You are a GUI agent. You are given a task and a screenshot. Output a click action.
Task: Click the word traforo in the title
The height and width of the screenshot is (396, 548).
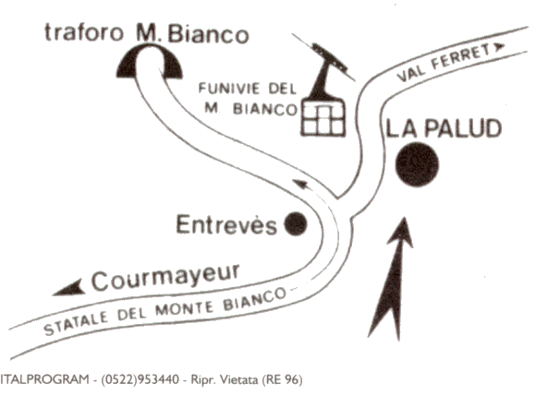coord(84,32)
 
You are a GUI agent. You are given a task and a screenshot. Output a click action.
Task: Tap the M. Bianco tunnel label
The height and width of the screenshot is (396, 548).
coord(192,34)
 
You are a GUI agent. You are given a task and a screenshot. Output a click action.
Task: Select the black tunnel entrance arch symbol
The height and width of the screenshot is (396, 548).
coord(149,62)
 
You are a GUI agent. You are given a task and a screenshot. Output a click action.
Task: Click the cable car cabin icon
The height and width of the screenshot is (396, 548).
coord(323,117)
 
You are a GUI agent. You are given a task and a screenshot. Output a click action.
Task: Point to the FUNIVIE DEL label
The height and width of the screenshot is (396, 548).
coord(248,89)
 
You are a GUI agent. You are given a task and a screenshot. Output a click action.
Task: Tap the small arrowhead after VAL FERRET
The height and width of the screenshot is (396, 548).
coord(500,46)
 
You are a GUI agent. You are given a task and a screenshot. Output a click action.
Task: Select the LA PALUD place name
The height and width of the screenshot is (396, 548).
coord(444,127)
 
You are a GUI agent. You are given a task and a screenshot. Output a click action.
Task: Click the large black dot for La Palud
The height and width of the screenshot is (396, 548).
coord(417,164)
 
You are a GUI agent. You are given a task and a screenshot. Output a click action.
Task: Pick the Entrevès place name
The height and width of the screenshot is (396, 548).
coord(226,224)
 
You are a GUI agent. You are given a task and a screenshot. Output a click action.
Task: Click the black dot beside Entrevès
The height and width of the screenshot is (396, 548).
coord(296,223)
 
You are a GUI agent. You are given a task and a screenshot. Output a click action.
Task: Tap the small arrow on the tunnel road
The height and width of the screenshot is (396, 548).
coord(303,185)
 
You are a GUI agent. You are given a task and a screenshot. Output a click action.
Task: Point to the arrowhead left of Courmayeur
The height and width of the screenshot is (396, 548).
coord(68,288)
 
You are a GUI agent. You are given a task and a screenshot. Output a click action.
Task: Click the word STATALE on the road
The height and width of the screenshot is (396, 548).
coord(76,323)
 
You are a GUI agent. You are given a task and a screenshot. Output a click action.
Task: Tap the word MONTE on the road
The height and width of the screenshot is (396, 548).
coord(185,308)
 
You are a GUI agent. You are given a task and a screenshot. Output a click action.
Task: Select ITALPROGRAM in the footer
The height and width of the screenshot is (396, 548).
coord(44,379)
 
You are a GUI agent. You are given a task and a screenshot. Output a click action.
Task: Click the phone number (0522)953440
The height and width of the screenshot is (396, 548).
coord(140,379)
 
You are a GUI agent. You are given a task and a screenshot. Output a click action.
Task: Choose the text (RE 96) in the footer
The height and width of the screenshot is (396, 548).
coord(282,379)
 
